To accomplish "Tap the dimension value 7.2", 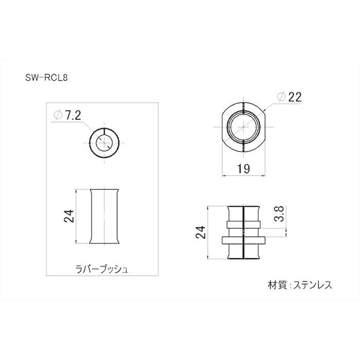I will pyautogui.click(x=71, y=115).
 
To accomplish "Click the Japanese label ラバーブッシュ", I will pyautogui.click(x=104, y=268).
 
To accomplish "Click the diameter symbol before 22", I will pyautogui.click(x=280, y=97).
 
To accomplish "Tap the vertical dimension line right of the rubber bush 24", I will pyautogui.click(x=77, y=216).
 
